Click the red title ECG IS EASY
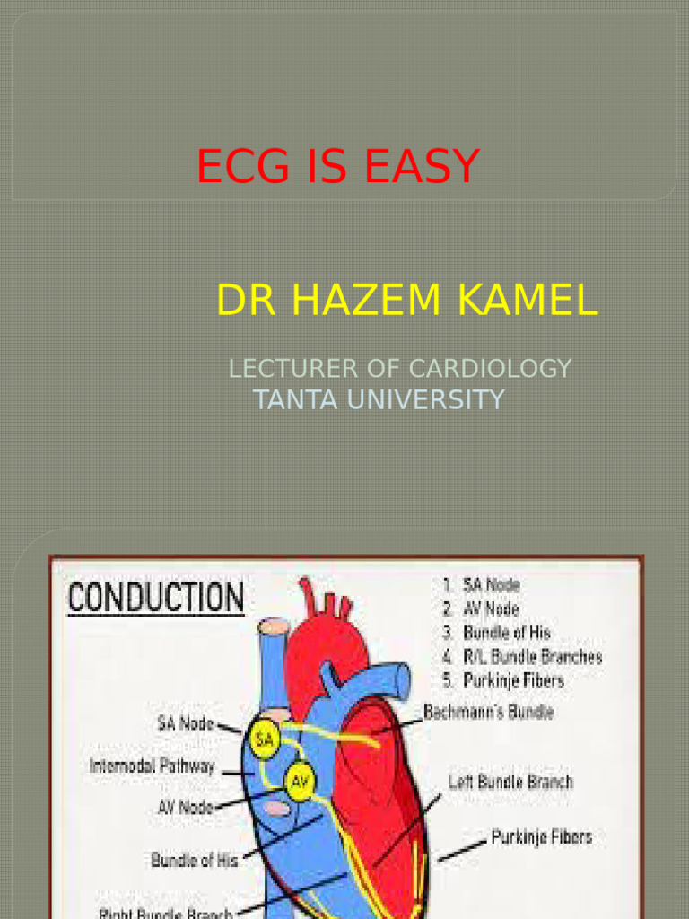(338, 166)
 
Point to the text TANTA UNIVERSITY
(379, 399)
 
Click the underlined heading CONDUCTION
(155, 598)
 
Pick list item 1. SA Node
(481, 585)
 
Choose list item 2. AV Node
(481, 609)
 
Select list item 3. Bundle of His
(495, 633)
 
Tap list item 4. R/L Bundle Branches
(521, 657)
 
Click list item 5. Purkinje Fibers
(502, 680)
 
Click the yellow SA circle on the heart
(265, 739)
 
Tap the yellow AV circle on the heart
(299, 782)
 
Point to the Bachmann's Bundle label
(488, 713)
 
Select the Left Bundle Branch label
(510, 782)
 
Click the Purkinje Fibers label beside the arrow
(542, 837)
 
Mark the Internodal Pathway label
(153, 766)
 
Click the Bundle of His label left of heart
(195, 860)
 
